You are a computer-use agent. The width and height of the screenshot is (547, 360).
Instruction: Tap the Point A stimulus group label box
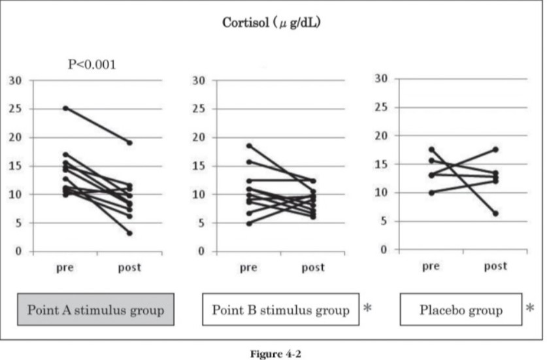[95, 309]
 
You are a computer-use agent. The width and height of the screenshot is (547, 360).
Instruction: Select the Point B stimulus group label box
[280, 309]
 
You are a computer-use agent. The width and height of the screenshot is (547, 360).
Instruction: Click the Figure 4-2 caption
[273, 353]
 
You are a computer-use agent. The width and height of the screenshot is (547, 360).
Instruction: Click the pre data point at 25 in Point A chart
[65, 108]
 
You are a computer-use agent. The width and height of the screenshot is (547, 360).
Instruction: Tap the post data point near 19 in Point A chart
[130, 142]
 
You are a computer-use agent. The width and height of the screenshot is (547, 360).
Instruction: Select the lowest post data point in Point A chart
[130, 233]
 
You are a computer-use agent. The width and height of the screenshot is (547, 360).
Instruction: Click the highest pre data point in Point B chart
[249, 146]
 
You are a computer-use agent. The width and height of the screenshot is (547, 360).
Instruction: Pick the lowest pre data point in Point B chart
[249, 223]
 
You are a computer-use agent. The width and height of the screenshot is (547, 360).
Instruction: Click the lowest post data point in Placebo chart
[496, 213]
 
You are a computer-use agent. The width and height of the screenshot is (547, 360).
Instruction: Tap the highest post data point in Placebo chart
[496, 149]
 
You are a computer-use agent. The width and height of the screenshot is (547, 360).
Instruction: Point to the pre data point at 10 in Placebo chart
[431, 193]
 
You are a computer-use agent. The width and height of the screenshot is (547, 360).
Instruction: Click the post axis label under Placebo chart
[496, 266]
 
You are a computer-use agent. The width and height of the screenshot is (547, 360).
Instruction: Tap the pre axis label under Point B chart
[249, 267]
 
